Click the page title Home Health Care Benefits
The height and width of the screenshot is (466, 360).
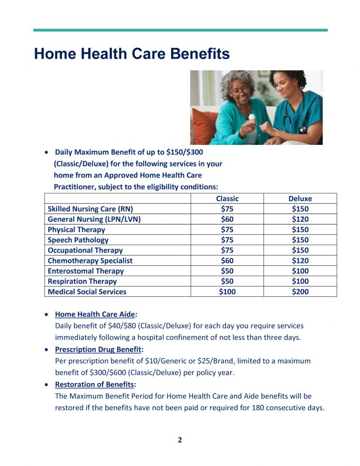tap(132, 54)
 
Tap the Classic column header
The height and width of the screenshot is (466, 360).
tap(227, 198)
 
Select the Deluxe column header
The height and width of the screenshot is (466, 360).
tap(300, 198)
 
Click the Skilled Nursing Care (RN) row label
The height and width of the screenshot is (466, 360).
tap(93, 209)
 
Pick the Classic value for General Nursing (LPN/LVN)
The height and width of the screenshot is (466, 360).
tap(227, 219)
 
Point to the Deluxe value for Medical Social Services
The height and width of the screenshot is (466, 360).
tap(300, 291)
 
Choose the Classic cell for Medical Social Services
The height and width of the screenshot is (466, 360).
tap(227, 291)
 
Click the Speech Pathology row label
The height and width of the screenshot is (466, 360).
tap(78, 240)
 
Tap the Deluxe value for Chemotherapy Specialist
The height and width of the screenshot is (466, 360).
tap(300, 260)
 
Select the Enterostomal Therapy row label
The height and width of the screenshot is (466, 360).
tap(86, 271)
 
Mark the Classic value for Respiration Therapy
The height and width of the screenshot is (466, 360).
tap(227, 281)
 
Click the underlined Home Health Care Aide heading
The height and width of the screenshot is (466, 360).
tap(95, 315)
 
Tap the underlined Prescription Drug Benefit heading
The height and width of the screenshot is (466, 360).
tap(98, 349)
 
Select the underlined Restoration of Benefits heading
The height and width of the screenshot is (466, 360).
tap(94, 384)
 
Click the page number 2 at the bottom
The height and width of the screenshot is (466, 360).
tap(180, 440)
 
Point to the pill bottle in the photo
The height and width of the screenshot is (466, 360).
tap(251, 120)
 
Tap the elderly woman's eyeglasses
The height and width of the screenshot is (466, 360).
tap(240, 91)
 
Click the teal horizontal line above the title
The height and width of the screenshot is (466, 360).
tap(180, 30)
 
